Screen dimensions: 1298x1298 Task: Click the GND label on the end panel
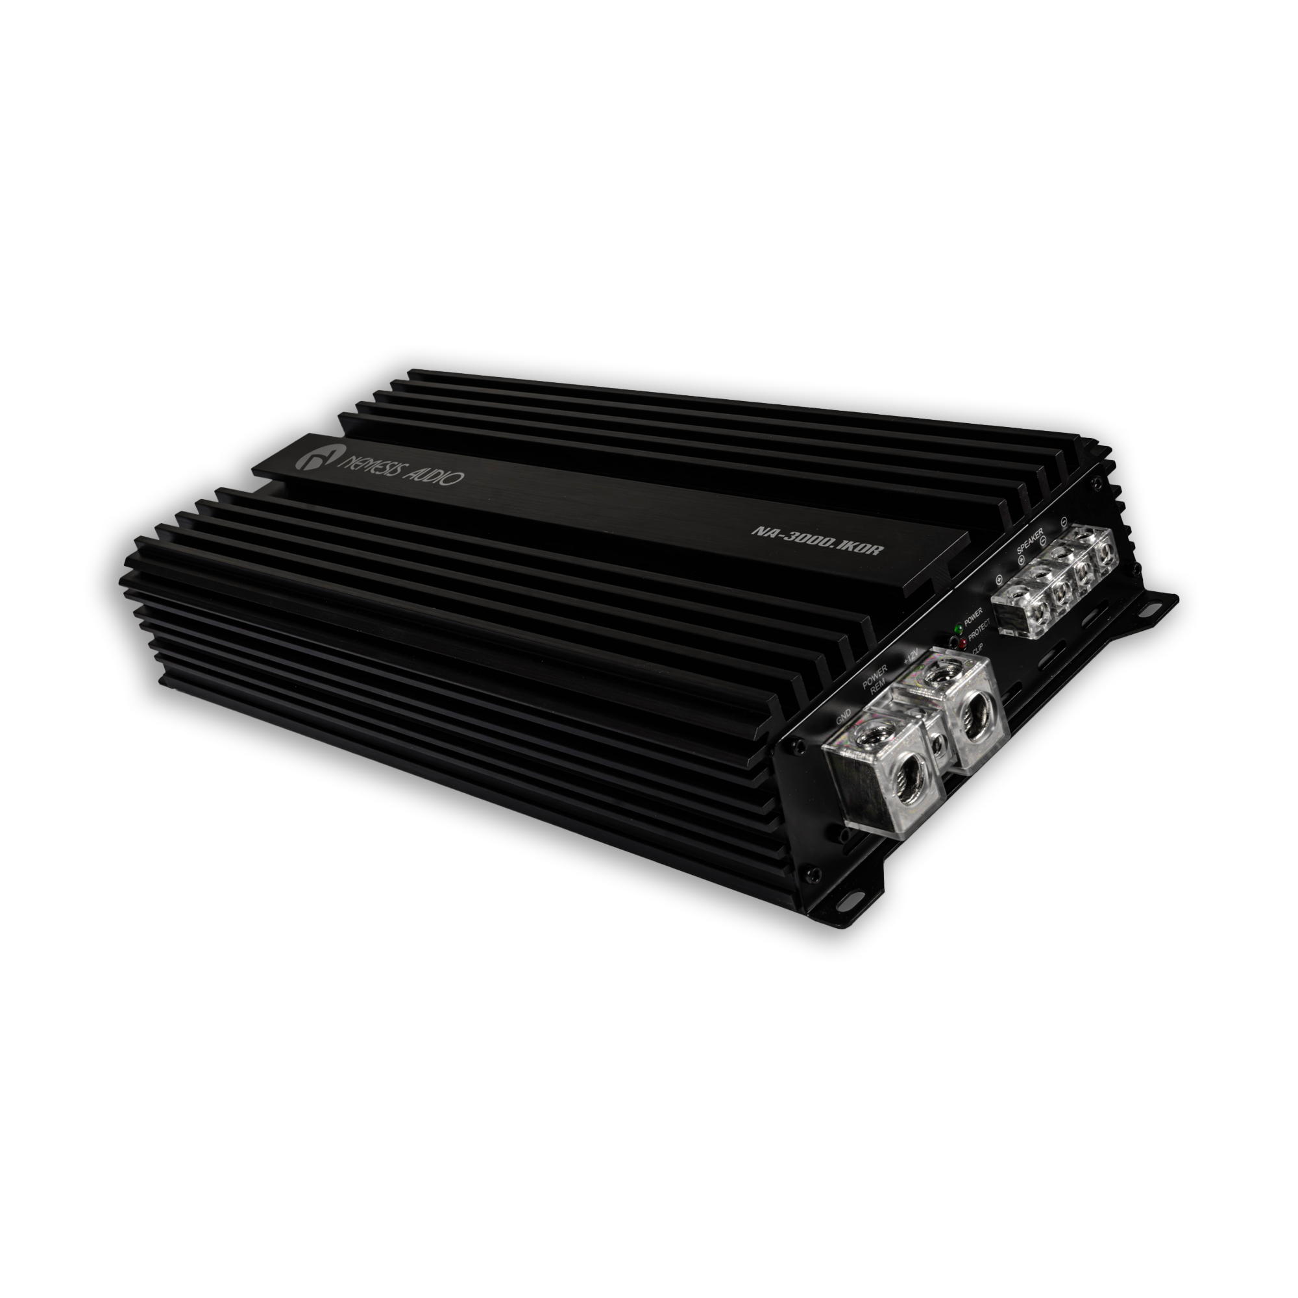tap(844, 720)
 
